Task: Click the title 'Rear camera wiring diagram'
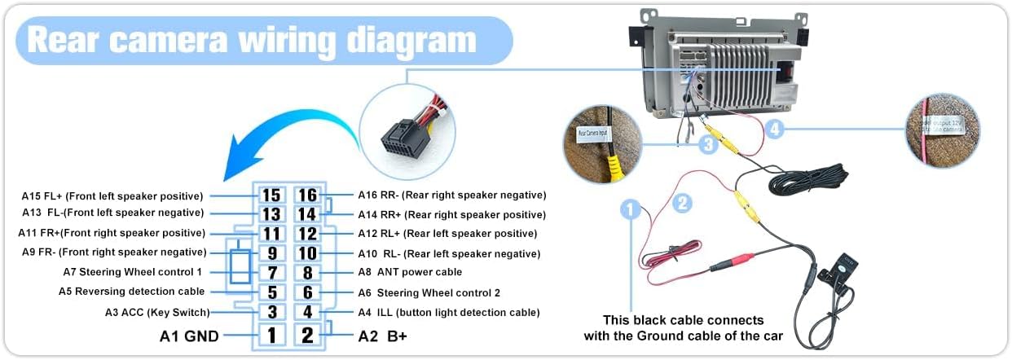pyautogui.click(x=252, y=39)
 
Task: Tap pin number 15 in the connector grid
pyautogui.click(x=271, y=195)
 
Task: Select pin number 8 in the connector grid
pyautogui.click(x=307, y=273)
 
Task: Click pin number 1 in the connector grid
pyautogui.click(x=271, y=335)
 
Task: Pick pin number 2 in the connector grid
pyautogui.click(x=307, y=335)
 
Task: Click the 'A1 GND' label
pyautogui.click(x=188, y=336)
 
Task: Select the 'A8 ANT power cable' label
pyautogui.click(x=410, y=272)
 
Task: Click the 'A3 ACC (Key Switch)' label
pyautogui.click(x=157, y=312)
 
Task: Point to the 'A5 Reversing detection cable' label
pyautogui.click(x=131, y=292)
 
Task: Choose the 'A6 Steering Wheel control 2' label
pyautogui.click(x=429, y=292)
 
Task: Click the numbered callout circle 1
pyautogui.click(x=630, y=210)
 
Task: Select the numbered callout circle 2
pyautogui.click(x=683, y=202)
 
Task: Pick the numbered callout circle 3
pyautogui.click(x=709, y=144)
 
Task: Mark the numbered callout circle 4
pyautogui.click(x=775, y=128)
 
